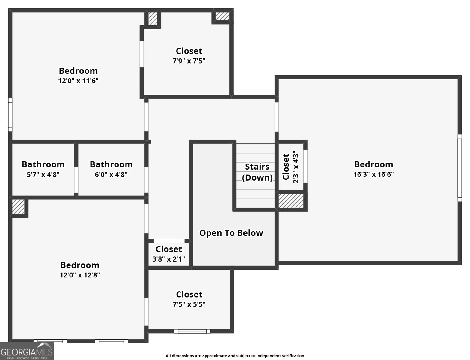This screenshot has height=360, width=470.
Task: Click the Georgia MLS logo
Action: click(x=27, y=351)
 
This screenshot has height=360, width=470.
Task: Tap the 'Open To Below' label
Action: click(x=231, y=233)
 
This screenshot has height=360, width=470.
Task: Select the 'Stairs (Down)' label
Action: click(x=257, y=172)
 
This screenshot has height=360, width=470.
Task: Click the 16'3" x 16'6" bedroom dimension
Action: click(x=373, y=174)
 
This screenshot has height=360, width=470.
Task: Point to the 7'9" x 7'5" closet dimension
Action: click(x=189, y=61)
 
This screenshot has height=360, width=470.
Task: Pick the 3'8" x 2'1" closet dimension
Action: click(x=169, y=259)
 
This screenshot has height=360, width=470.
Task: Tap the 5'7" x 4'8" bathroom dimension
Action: click(x=43, y=175)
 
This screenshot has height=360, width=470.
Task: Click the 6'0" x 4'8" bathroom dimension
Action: click(x=111, y=175)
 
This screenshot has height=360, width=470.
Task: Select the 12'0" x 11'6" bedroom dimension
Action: click(x=78, y=81)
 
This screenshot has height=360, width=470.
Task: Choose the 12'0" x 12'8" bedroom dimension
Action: click(x=80, y=275)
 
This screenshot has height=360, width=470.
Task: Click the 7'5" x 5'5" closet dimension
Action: click(x=189, y=304)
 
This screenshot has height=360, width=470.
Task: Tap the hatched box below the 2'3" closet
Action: click(x=291, y=201)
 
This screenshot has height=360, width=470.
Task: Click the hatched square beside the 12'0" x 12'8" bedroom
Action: click(x=18, y=207)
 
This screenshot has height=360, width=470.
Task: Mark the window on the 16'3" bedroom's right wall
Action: click(x=460, y=168)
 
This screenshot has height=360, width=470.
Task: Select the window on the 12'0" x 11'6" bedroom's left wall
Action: click(x=10, y=115)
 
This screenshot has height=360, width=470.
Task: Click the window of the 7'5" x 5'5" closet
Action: click(x=192, y=331)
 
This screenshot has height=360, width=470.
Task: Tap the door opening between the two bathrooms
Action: click(x=76, y=180)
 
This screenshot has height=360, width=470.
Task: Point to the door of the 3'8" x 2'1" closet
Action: click(x=169, y=241)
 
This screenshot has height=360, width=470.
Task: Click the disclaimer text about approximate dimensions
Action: click(x=235, y=356)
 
